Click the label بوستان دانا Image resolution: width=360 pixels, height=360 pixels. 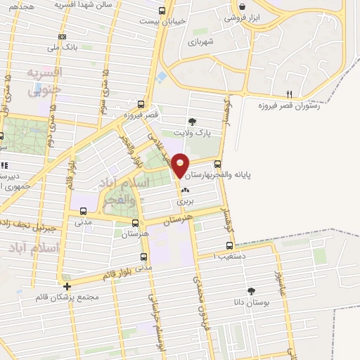coord(251,301)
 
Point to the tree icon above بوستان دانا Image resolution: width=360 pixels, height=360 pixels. coord(251,290)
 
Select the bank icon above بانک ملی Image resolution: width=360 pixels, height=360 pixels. coord(63,36)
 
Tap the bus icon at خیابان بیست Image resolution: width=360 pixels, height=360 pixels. coord(162,11)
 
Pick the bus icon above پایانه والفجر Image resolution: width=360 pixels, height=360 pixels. coord(217,163)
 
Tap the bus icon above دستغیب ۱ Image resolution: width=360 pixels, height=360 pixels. coord(230,246)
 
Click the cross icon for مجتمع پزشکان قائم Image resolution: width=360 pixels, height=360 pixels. coord(67,287)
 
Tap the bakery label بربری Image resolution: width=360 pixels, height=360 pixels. coord(185,200)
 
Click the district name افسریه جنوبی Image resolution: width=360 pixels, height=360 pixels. coord(44,80)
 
